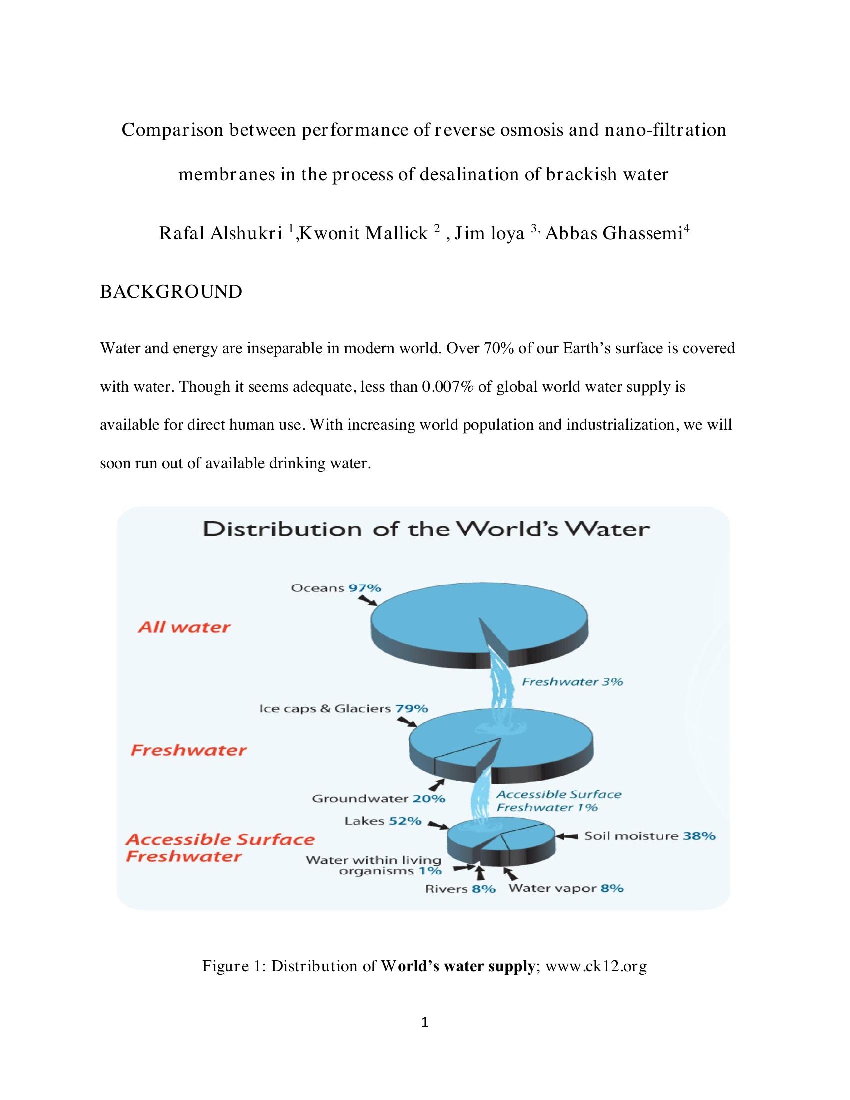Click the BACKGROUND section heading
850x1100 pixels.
pos(171,292)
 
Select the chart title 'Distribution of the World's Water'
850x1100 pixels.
pos(426,530)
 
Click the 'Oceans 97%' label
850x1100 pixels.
pos(336,588)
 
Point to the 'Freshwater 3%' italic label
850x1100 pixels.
pos(572,682)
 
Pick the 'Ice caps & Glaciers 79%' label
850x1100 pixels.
pos(343,708)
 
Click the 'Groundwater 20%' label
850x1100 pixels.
pos(378,798)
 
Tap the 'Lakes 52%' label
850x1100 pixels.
pos(382,821)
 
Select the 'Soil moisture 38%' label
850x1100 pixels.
pos(649,836)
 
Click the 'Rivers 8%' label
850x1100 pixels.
pos(460,889)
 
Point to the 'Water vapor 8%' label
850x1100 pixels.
pos(566,888)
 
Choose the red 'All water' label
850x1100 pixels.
pos(184,627)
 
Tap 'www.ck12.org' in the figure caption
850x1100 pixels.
pos(595,966)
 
